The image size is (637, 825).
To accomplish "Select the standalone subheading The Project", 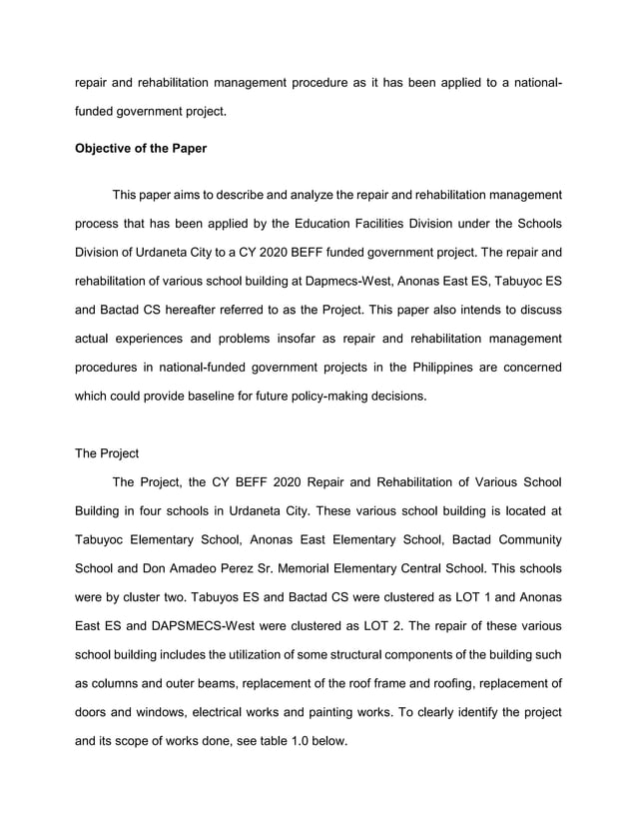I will (x=107, y=452).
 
